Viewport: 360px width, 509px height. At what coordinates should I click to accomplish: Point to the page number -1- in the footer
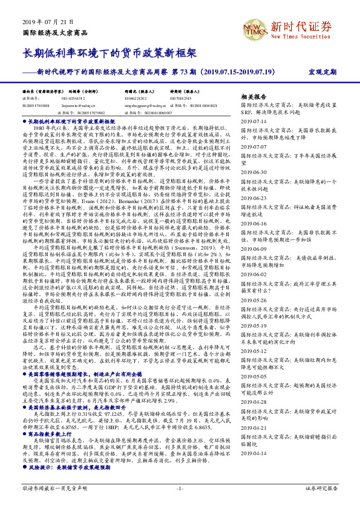coord(180,488)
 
